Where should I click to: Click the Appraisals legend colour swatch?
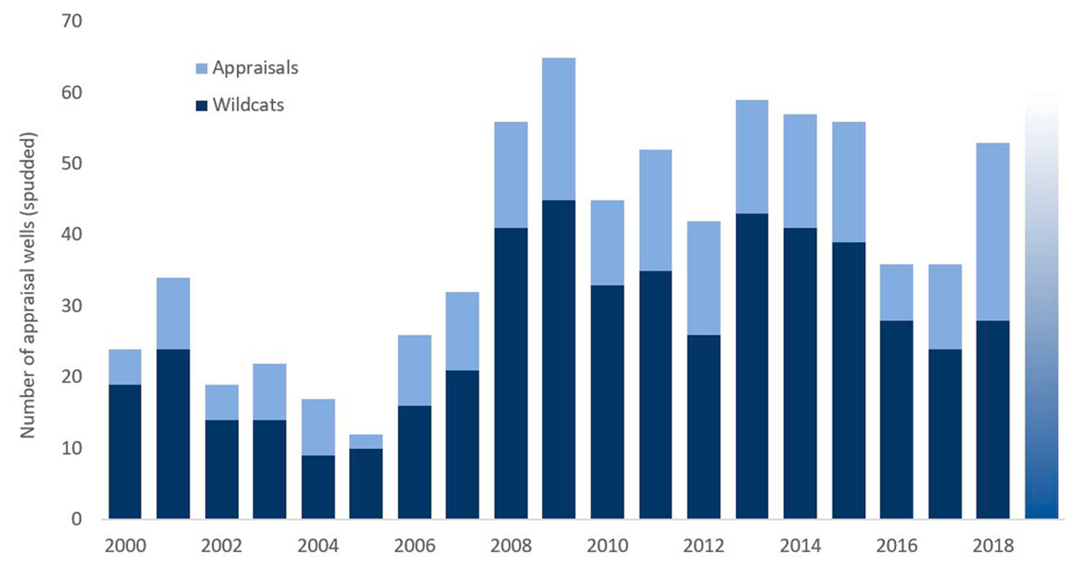pos(202,69)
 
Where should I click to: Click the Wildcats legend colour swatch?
pos(202,106)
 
